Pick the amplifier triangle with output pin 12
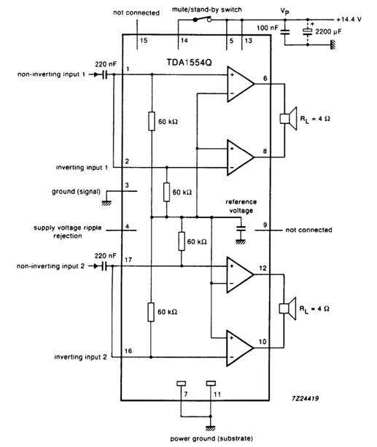click(x=239, y=274)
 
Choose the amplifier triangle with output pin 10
click(x=239, y=348)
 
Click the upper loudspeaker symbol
click(x=288, y=119)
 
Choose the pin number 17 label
click(x=128, y=260)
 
